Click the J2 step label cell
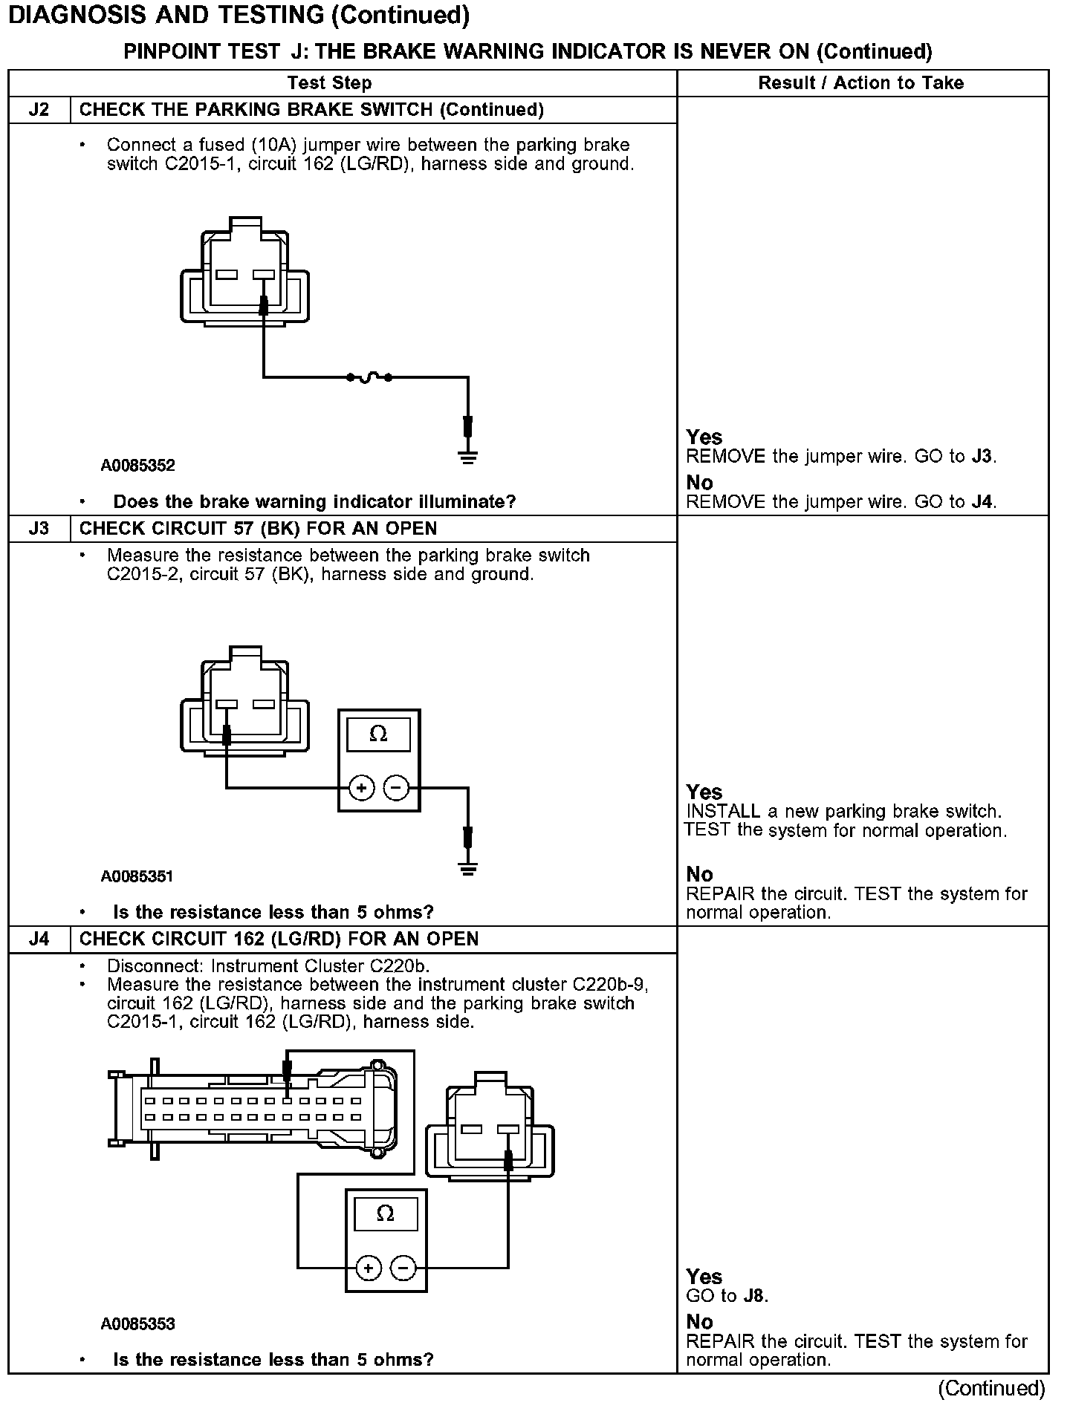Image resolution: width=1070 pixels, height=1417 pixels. click(x=39, y=110)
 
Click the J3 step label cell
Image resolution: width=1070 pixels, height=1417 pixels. click(x=39, y=529)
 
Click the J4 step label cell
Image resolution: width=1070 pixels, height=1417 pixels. click(x=39, y=939)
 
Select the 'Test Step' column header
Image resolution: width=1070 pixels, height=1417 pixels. click(x=329, y=83)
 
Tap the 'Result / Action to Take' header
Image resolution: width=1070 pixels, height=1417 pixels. click(x=860, y=83)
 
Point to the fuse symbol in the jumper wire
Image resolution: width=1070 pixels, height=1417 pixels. click(x=369, y=378)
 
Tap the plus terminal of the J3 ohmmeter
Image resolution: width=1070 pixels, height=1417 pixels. click(x=361, y=788)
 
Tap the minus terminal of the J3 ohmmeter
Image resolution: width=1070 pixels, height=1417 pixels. click(x=397, y=788)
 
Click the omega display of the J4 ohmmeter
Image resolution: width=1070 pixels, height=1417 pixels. click(x=385, y=1214)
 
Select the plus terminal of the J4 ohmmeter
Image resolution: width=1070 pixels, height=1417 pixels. click(x=369, y=1268)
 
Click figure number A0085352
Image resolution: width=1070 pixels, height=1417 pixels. click(x=137, y=466)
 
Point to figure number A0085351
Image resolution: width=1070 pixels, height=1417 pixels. click(x=137, y=876)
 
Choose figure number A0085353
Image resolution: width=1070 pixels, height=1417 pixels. click(x=137, y=1323)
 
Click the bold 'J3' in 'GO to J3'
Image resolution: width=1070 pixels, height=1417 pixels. click(x=982, y=456)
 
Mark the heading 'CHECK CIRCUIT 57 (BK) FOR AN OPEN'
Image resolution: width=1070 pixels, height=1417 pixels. click(x=258, y=529)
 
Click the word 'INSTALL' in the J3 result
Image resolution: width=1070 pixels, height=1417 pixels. click(x=723, y=811)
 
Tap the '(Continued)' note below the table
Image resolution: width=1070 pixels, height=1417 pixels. click(x=991, y=1389)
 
